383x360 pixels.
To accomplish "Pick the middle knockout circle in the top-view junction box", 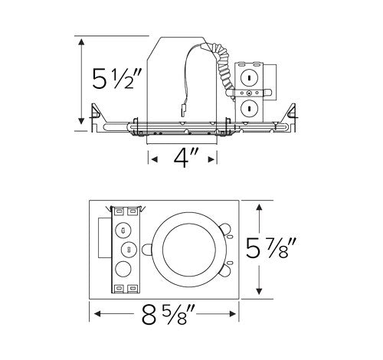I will click(127, 248).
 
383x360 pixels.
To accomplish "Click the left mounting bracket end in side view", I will click(96, 115).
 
